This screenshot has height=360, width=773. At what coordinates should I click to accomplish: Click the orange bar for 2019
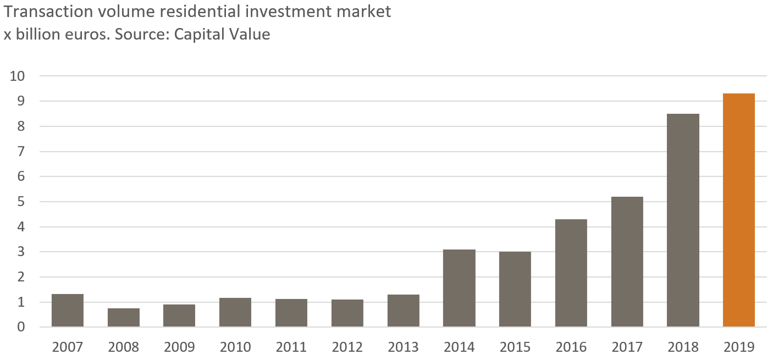(738, 211)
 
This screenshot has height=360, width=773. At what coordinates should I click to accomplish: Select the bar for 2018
(683, 220)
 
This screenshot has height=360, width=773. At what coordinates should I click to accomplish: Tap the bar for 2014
(459, 288)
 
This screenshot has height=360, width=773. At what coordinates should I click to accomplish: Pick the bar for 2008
(123, 318)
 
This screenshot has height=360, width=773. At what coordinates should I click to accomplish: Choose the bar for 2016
(571, 273)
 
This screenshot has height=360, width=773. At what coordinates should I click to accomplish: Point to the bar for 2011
(291, 313)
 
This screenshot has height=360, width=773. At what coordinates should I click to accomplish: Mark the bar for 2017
(627, 262)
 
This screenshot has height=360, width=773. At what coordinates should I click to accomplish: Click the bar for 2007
(67, 311)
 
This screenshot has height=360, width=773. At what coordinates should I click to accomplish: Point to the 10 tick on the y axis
(18, 76)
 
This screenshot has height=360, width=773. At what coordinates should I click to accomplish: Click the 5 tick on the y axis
(21, 202)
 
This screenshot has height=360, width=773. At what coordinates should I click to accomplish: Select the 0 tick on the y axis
(21, 327)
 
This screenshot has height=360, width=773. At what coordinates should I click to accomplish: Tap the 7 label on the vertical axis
(21, 152)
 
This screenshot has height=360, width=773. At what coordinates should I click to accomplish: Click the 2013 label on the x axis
(403, 347)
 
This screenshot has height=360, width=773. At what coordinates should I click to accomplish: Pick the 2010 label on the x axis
(235, 347)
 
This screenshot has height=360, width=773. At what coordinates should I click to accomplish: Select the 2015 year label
(515, 347)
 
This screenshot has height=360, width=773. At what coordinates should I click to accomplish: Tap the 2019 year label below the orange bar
(739, 347)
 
